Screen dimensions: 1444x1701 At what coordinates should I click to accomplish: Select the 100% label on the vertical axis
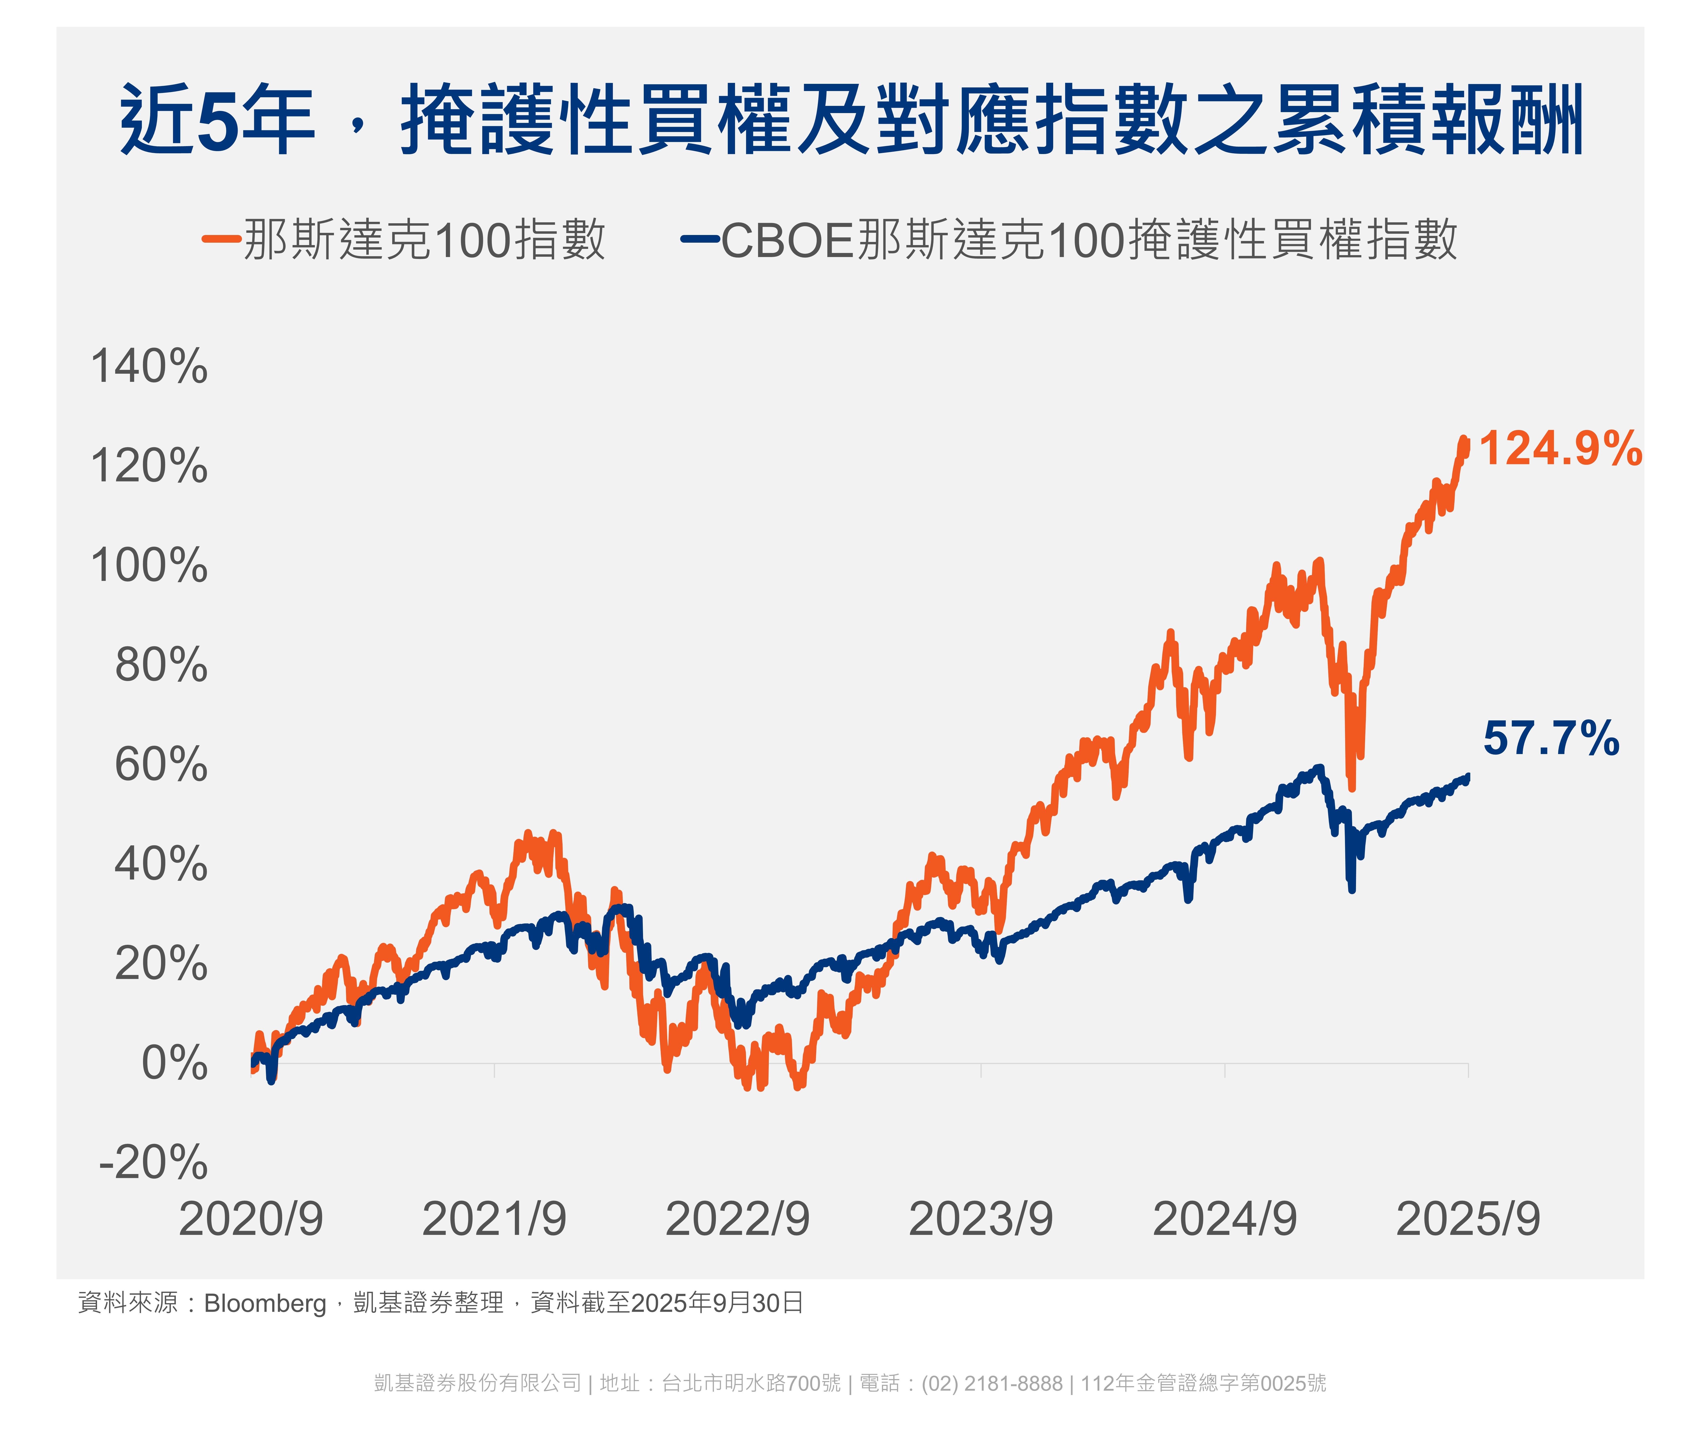(149, 566)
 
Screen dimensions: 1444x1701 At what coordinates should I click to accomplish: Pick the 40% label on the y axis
(161, 865)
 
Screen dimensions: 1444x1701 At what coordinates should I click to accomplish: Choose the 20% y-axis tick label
(161, 963)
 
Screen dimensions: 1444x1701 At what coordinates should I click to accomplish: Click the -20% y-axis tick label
(153, 1162)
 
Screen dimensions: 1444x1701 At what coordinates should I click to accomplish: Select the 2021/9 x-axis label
(494, 1219)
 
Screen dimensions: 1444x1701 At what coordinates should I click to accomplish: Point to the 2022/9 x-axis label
(737, 1219)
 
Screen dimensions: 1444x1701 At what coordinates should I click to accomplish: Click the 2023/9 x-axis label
(981, 1219)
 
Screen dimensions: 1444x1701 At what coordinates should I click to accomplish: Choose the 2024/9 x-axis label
(1224, 1219)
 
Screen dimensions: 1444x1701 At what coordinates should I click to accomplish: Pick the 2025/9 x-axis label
(1468, 1219)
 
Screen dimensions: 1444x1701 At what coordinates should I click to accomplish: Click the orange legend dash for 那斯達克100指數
(221, 239)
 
